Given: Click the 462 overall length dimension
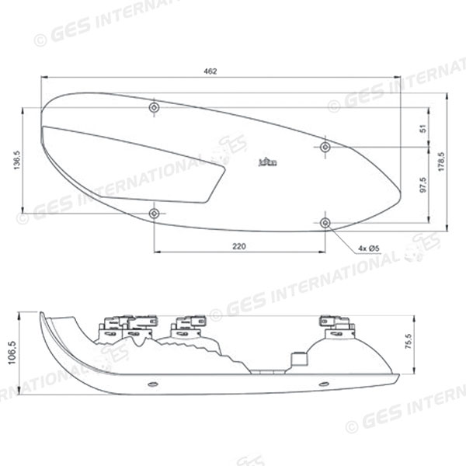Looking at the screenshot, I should tap(210, 71).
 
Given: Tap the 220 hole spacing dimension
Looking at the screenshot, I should tap(238, 246).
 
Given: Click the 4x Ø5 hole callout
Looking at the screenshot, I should tap(368, 249).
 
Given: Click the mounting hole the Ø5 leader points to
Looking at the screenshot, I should tap(325, 223).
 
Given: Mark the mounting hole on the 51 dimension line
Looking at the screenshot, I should tap(325, 147).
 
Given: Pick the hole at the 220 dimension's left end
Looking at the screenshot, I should tap(155, 213).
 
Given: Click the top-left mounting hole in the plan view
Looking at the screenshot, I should tap(155, 106).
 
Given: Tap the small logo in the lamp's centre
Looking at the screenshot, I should tap(267, 163).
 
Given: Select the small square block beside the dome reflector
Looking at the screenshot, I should tap(295, 360).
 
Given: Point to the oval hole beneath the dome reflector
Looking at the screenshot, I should tap(323, 384).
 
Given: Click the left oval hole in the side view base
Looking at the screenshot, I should tap(152, 384).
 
